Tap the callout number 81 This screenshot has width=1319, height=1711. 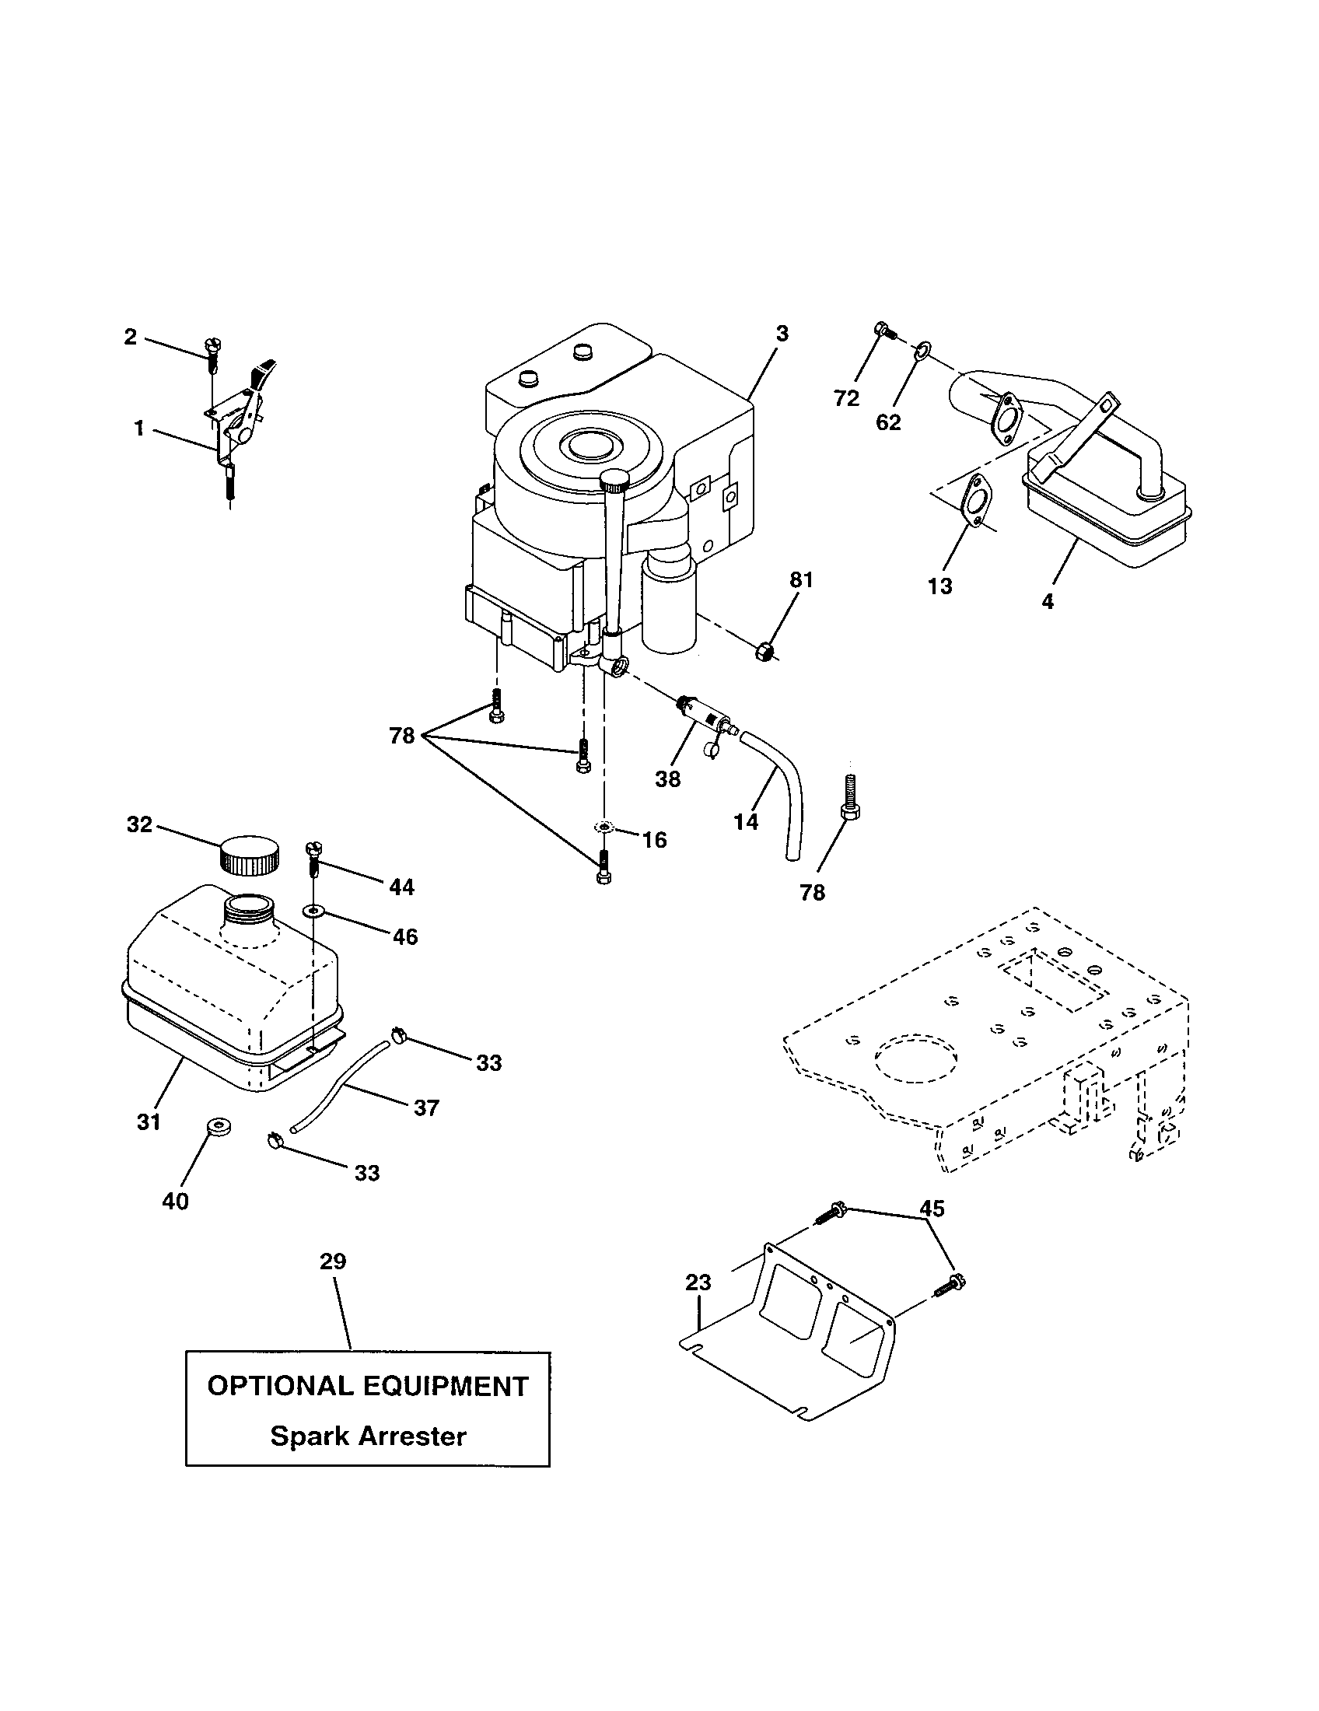801,580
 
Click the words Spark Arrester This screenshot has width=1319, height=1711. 368,1436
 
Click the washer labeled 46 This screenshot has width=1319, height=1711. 314,911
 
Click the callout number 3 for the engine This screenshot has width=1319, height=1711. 782,334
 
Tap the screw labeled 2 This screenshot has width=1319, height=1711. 212,354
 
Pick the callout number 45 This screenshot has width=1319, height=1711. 932,1209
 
